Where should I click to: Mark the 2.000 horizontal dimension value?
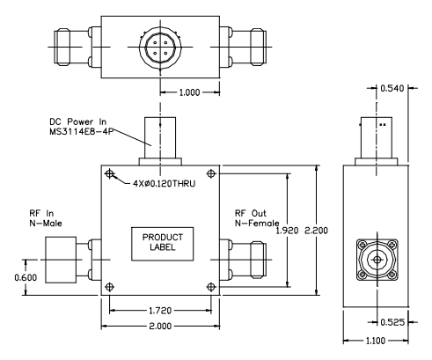pyautogui.click(x=158, y=327)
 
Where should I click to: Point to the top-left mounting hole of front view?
pyautogui.click(x=109, y=175)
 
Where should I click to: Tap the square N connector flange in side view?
pyautogui.click(x=381, y=261)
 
